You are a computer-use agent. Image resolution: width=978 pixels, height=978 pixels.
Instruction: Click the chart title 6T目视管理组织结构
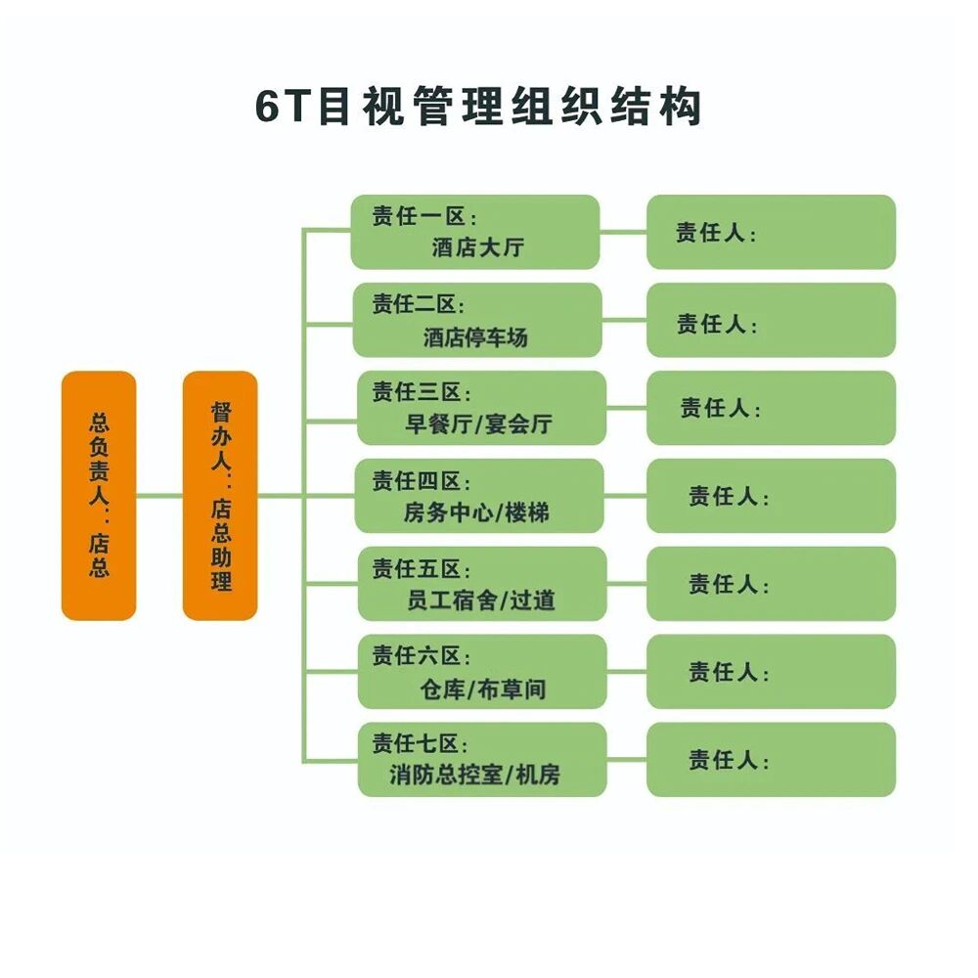[479, 107]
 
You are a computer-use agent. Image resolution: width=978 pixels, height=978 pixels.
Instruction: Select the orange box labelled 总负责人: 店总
[99, 495]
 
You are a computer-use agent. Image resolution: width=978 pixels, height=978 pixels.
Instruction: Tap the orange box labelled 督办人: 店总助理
[220, 495]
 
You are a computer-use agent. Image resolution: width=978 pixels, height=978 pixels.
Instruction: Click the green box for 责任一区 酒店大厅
[475, 232]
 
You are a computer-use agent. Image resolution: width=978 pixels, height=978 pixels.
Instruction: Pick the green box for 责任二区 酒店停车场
[477, 320]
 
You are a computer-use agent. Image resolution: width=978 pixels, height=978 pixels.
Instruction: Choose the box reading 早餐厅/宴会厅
[481, 408]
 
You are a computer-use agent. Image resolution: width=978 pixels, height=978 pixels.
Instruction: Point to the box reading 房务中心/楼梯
[480, 496]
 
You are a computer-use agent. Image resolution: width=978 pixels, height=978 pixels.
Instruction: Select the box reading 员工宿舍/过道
[481, 584]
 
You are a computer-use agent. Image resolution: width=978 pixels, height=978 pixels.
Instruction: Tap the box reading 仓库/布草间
[481, 672]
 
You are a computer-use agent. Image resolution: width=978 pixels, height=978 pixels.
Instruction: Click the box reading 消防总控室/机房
[481, 760]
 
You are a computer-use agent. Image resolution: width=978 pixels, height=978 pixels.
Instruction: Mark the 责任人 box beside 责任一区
[771, 232]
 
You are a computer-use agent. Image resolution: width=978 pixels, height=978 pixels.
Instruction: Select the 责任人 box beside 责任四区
[771, 496]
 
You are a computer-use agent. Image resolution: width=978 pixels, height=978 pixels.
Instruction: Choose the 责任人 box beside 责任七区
[771, 760]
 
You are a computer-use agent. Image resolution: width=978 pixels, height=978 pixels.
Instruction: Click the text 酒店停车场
[475, 338]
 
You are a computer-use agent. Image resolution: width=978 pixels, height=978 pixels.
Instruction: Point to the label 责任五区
[422, 568]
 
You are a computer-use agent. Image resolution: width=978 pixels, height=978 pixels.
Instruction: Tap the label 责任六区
[422, 656]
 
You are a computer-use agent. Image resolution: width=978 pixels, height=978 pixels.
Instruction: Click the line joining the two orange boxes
[159, 495]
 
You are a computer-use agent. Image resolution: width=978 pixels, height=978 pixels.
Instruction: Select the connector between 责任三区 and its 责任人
[626, 408]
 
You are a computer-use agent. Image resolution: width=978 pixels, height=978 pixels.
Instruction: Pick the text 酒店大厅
[477, 247]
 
